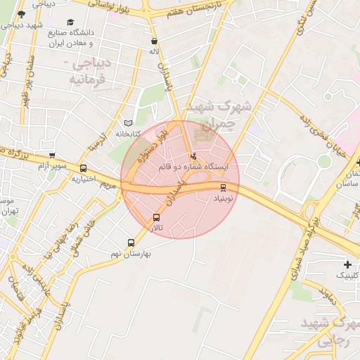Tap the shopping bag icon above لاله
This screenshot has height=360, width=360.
coord(154,41)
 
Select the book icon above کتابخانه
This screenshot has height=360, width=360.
coord(127,122)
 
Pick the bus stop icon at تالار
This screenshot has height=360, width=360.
coord(156,217)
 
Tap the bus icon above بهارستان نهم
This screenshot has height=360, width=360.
coord(131,243)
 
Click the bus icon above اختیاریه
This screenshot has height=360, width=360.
coord(84,168)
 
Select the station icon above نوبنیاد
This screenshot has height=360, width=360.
coord(224,187)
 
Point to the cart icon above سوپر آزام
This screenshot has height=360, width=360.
coord(52,155)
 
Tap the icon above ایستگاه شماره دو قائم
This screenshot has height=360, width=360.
coord(193,155)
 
